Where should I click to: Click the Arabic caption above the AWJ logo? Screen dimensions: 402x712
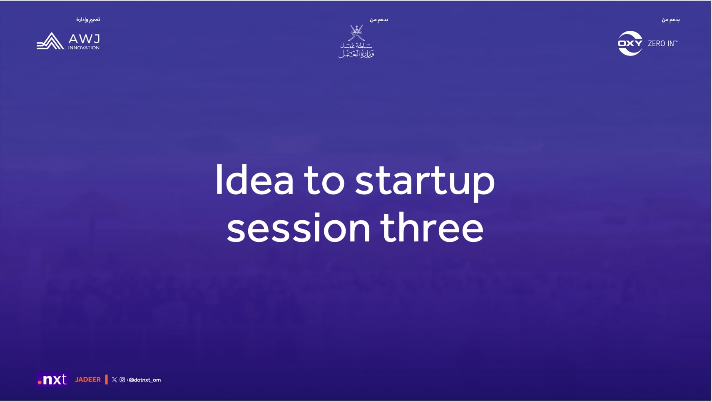click(x=88, y=20)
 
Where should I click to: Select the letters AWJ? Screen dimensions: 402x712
click(x=84, y=39)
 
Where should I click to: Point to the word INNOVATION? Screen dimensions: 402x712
click(x=84, y=48)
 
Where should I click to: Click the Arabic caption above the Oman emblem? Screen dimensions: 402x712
click(x=378, y=20)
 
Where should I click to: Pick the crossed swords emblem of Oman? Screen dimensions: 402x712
click(x=356, y=33)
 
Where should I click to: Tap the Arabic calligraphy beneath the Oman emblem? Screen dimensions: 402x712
click(x=356, y=50)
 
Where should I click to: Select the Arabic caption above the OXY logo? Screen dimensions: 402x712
click(x=670, y=20)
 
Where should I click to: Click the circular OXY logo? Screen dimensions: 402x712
click(x=630, y=43)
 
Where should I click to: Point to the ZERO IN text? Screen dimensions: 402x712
click(x=662, y=43)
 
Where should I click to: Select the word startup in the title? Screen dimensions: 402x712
click(x=425, y=181)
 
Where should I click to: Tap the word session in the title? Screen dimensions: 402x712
click(x=299, y=228)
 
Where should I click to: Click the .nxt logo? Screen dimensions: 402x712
click(x=52, y=379)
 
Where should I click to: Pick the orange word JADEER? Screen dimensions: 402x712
click(x=87, y=379)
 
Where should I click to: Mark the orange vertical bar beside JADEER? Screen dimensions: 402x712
click(x=107, y=379)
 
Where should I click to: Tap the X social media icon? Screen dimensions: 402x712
click(x=115, y=380)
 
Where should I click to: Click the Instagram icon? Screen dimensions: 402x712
click(x=122, y=379)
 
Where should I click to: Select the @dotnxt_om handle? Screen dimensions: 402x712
click(x=144, y=380)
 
